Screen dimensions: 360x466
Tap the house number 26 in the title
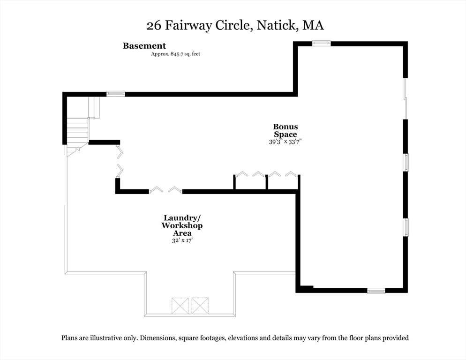[x=153, y=26]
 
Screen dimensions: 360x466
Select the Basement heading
[x=144, y=46]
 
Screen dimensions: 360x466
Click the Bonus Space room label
[x=285, y=130]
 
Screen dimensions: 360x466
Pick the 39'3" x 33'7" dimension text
[x=285, y=142]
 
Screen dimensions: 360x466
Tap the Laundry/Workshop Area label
[x=182, y=225]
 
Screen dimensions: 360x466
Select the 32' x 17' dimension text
[x=182, y=240]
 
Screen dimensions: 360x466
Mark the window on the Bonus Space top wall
[x=322, y=44]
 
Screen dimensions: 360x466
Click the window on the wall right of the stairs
[x=115, y=94]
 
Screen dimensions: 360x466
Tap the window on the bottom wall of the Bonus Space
[x=376, y=291]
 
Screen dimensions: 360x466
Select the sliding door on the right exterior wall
[x=406, y=98]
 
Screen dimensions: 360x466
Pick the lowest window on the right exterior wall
[x=406, y=227]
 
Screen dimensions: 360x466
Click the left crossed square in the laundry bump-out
[x=180, y=305]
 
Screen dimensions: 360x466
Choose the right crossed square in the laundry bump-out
[x=200, y=305]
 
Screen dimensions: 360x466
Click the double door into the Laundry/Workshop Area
[x=165, y=190]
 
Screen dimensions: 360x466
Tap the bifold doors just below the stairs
[x=120, y=162]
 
